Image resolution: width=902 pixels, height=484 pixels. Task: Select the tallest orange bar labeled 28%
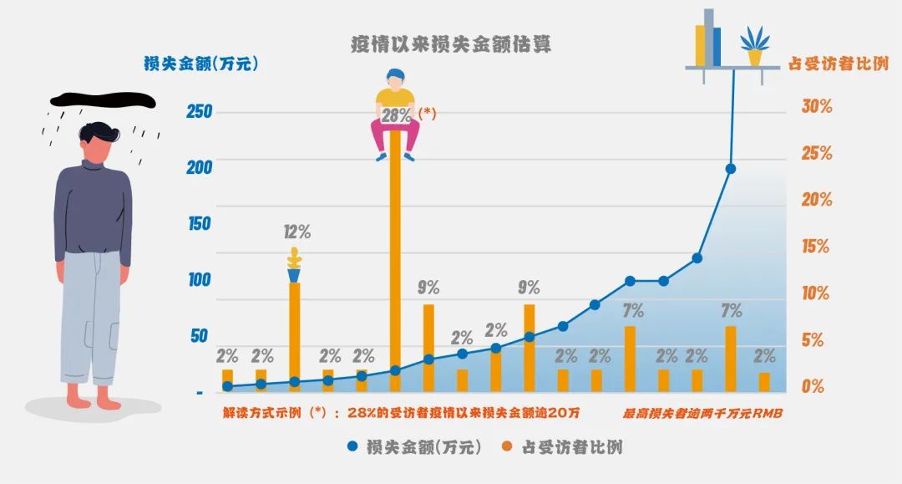[395, 267]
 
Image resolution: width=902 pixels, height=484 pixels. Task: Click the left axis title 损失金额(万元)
[201, 63]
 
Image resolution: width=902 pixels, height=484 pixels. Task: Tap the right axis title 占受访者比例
[839, 64]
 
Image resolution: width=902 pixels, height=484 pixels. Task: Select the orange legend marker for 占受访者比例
[506, 446]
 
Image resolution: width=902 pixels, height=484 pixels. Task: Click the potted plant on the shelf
[754, 46]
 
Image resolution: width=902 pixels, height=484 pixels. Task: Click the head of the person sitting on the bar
[396, 80]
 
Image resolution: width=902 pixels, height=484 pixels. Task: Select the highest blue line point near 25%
[731, 169]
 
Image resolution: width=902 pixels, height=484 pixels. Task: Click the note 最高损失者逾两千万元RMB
[702, 413]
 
